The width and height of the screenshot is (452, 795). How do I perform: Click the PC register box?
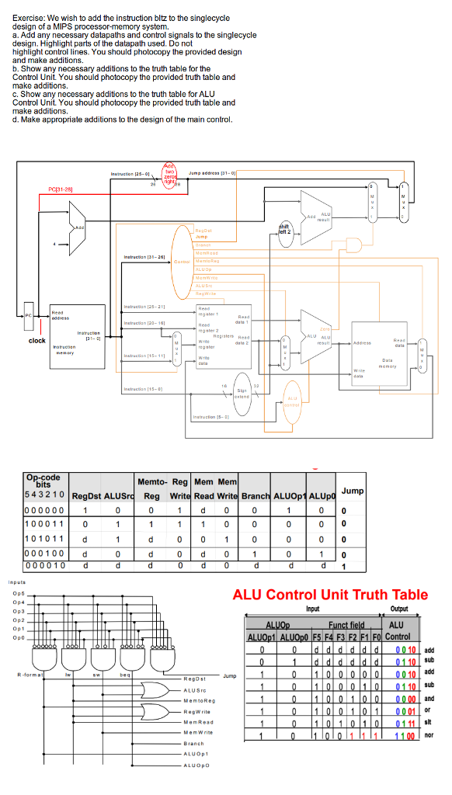click(x=29, y=316)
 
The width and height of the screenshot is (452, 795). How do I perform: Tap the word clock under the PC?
click(x=37, y=341)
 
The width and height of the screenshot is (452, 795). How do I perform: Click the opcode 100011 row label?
click(x=45, y=526)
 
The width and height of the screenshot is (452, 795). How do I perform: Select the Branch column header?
click(x=256, y=496)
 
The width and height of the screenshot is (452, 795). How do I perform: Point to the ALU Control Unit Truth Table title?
click(x=330, y=595)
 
